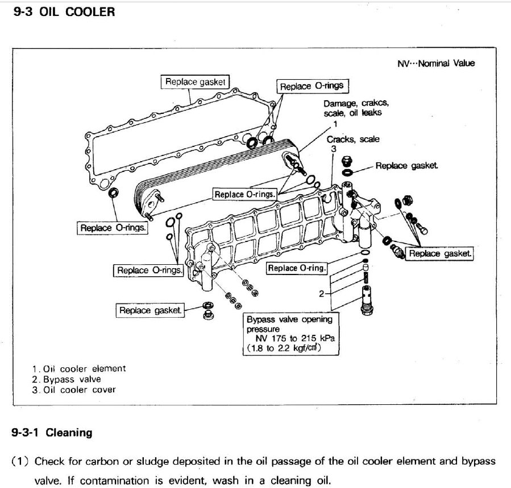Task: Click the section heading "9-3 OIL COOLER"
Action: click(x=64, y=11)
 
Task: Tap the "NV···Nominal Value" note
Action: click(x=435, y=63)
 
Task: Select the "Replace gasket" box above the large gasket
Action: click(x=195, y=82)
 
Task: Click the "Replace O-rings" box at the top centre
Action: click(x=312, y=87)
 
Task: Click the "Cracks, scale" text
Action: click(x=352, y=139)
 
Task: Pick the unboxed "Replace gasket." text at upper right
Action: click(x=407, y=166)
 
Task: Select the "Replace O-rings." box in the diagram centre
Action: click(x=245, y=194)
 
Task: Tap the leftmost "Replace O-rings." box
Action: click(x=113, y=228)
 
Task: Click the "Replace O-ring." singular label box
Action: click(x=297, y=268)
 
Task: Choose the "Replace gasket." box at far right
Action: click(x=440, y=254)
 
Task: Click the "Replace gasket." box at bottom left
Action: click(x=151, y=310)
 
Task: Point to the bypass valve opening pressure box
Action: click(x=291, y=333)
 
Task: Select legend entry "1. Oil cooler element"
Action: click(x=79, y=368)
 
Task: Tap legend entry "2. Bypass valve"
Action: click(x=67, y=379)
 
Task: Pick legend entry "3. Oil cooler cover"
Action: click(x=74, y=389)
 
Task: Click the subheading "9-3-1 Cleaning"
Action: click(x=52, y=433)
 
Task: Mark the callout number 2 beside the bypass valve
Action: click(x=321, y=293)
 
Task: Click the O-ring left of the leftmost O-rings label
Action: click(x=114, y=192)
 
